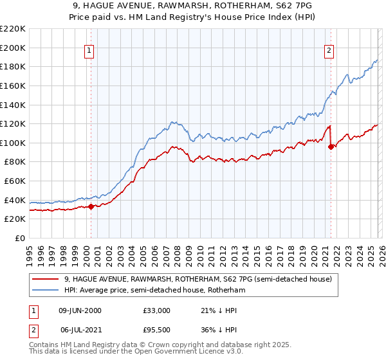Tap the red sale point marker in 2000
click(x=91, y=206)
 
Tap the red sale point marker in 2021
click(x=331, y=147)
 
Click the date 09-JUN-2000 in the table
click(x=80, y=310)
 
